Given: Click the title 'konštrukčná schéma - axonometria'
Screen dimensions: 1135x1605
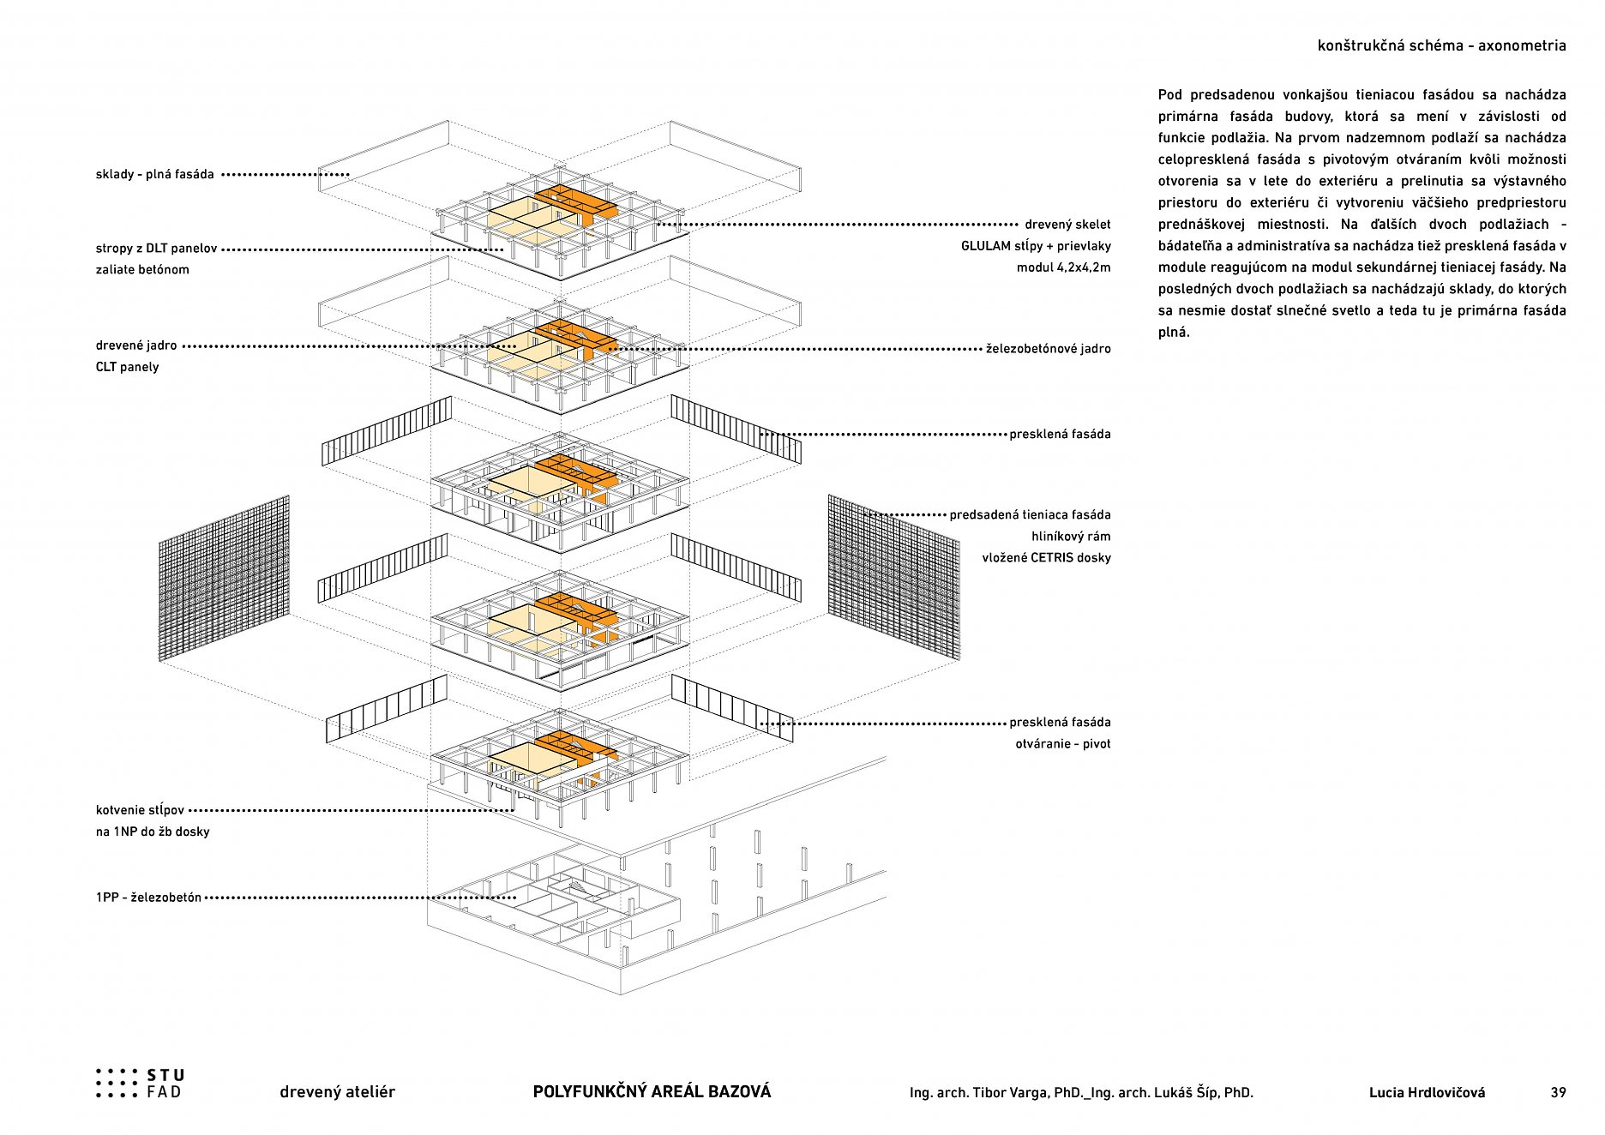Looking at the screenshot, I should pos(1441,46).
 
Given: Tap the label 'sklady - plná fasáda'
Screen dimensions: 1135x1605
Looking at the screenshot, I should pos(155,175).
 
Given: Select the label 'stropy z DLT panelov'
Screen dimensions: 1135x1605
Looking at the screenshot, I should pos(156,249).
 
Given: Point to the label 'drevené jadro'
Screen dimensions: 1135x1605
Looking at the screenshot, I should pos(136,345).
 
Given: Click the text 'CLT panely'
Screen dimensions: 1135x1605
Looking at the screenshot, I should pos(127,367).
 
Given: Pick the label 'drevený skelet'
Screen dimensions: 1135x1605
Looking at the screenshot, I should pos(1067,225).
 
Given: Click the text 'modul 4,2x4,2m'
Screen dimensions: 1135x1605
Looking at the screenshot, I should pos(1063,267).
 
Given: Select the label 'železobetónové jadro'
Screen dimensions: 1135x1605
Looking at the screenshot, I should pos(1048,349).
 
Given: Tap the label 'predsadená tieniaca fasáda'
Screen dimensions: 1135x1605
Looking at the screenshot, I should pos(1030,515).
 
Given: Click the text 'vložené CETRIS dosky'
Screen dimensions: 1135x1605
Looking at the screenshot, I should pos(1046,558).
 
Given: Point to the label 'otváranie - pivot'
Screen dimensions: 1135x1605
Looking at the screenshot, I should pos(1062,744).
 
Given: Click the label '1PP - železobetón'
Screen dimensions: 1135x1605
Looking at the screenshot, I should pos(148,898).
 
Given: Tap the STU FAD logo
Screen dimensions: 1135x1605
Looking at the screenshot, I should pos(140,1084).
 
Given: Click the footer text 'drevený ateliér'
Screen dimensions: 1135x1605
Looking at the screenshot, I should pos(337,1092).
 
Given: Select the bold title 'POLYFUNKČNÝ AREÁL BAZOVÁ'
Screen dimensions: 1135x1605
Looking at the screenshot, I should pos(652,1092).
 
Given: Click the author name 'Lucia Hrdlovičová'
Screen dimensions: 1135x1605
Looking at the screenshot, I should pos(1427,1093).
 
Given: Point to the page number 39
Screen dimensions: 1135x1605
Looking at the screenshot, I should pos(1558,1093).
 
